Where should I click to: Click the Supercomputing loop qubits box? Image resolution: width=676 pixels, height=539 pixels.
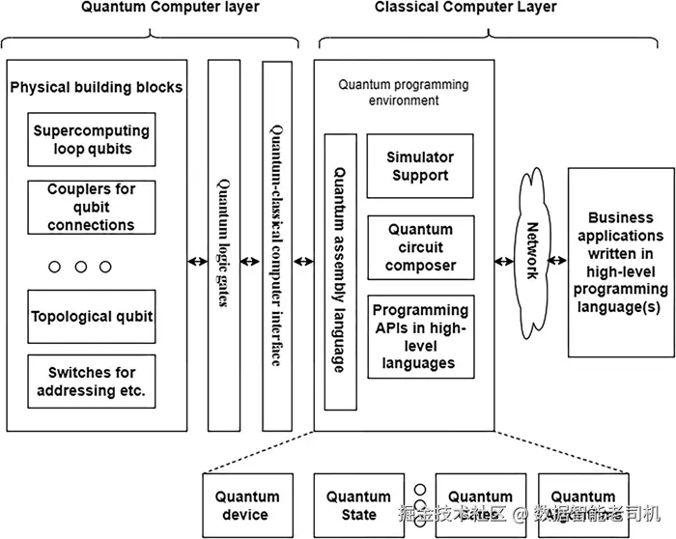92,140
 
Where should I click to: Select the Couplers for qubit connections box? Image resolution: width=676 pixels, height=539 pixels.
92,208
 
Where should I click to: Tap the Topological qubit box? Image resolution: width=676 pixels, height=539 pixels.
92,316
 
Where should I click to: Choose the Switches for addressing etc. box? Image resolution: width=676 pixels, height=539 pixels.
92,382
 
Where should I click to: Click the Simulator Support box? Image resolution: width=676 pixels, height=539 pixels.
420,166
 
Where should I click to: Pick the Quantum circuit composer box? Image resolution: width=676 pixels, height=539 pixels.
420,247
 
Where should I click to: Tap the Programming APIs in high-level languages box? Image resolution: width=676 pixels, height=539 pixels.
420,337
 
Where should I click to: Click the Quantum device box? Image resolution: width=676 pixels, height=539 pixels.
246,505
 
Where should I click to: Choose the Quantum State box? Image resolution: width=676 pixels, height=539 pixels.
358,505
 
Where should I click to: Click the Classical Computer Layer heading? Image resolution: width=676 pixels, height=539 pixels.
465,8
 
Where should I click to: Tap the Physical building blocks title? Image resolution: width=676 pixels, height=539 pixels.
96,87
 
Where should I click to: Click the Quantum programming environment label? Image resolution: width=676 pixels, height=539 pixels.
404,92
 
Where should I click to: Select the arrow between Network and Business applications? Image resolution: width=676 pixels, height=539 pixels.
558,261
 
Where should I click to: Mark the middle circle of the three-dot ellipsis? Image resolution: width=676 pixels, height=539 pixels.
80,266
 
